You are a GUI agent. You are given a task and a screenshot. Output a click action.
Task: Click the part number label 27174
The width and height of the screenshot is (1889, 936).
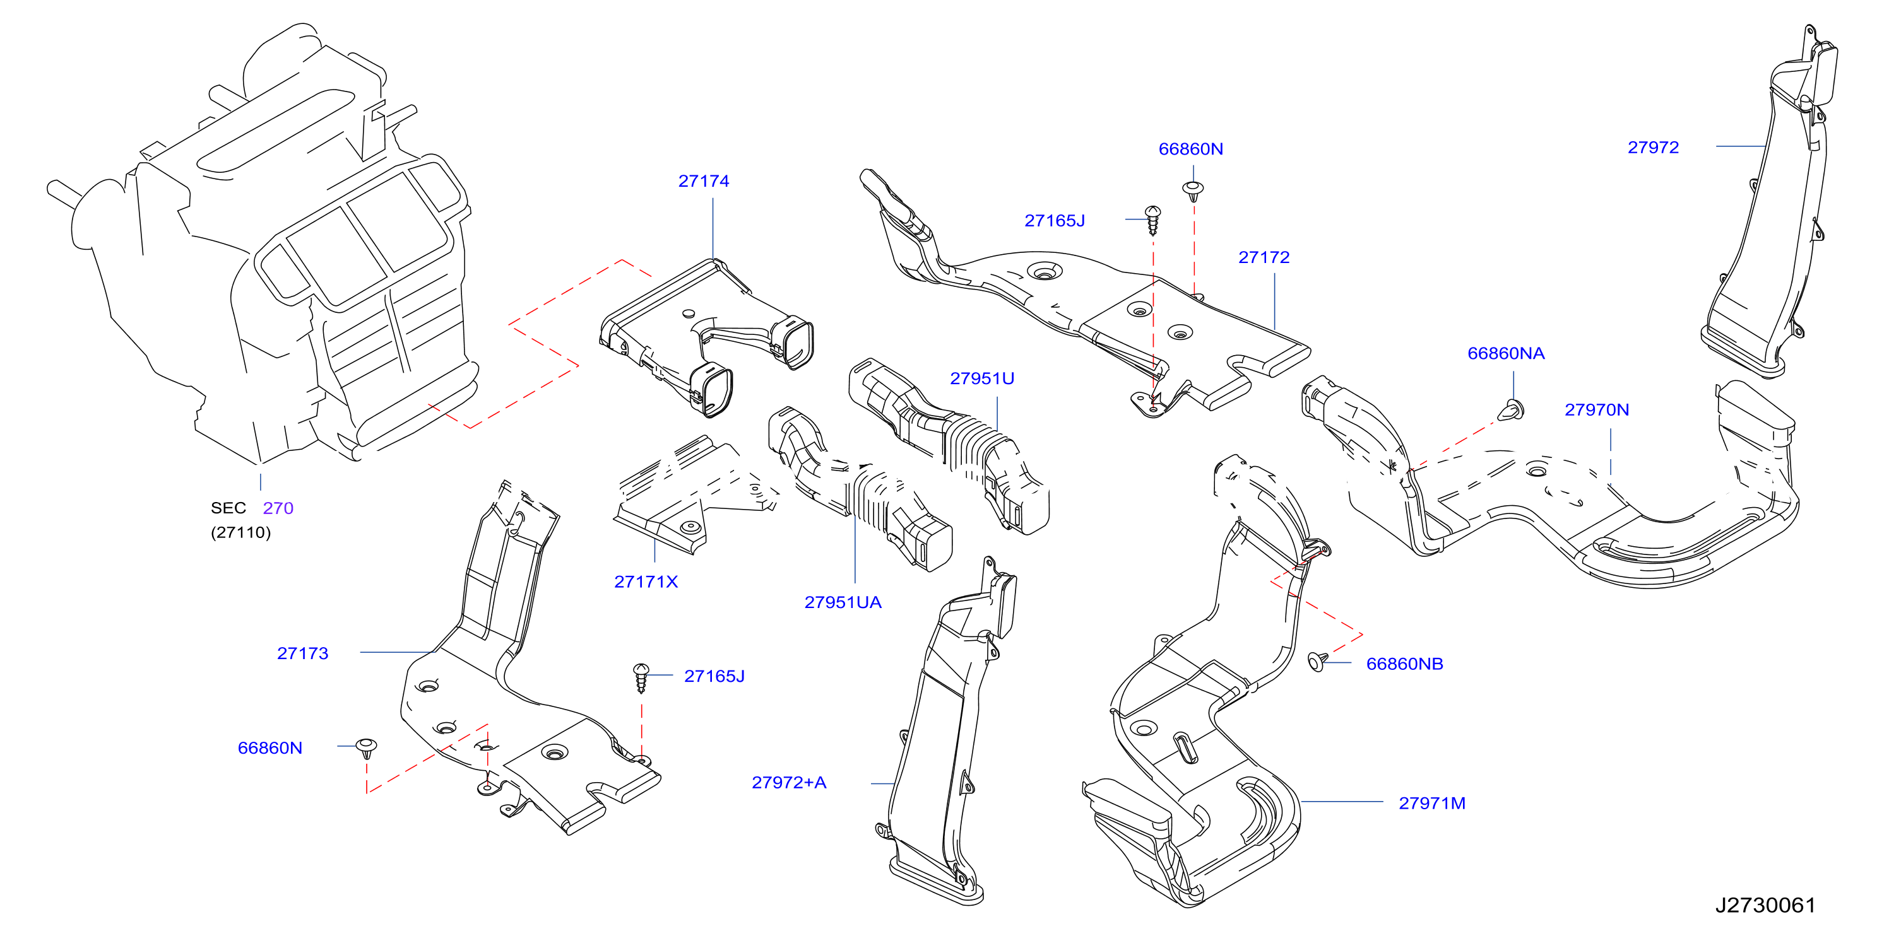(703, 181)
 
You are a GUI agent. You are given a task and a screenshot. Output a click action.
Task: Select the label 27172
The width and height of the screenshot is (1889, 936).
(1264, 257)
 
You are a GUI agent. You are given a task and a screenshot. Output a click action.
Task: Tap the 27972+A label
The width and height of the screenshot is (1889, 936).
(789, 783)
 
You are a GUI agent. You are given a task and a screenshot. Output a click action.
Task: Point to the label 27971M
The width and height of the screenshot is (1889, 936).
(1432, 804)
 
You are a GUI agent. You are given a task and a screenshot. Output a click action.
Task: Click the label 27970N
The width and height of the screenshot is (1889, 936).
(1596, 410)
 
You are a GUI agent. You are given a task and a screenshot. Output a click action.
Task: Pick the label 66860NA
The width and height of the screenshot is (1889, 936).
(1505, 353)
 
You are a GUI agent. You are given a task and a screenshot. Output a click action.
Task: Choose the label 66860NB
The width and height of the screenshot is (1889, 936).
(1404, 664)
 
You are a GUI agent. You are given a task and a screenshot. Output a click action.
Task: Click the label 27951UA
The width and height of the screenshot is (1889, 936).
(843, 602)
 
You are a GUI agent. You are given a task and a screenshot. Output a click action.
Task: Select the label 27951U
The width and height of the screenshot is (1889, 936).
(982, 378)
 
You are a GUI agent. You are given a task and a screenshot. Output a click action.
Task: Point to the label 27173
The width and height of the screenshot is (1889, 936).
(302, 653)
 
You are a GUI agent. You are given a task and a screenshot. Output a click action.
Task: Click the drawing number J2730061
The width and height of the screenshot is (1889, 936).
(1765, 905)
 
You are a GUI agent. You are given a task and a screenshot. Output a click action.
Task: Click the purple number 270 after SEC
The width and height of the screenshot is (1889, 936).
(278, 508)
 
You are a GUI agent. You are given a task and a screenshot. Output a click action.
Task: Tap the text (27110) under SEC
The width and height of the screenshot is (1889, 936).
(240, 532)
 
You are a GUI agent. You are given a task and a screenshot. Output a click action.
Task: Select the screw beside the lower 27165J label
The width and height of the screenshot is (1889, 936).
(641, 678)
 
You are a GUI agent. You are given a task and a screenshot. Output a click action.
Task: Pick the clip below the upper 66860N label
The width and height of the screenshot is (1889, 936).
(1194, 191)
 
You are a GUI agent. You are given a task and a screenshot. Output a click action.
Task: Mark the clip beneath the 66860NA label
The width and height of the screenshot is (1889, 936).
(1512, 410)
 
